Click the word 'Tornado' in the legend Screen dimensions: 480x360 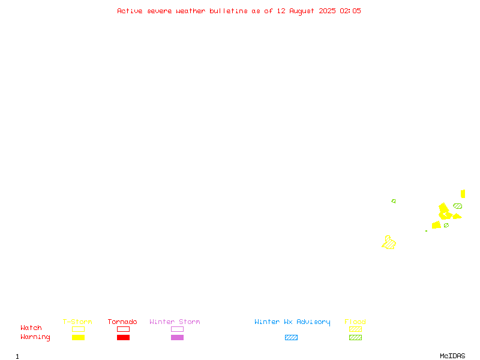(122, 322)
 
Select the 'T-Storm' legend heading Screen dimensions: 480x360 (77, 322)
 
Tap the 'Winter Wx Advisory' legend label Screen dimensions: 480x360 (292, 322)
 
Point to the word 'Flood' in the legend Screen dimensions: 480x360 (355, 322)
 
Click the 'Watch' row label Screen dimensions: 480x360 (31, 328)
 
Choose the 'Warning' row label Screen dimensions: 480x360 (35, 337)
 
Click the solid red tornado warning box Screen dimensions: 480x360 (124, 337)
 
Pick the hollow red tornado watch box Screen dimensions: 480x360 (124, 329)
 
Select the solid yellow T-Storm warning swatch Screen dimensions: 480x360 (79, 337)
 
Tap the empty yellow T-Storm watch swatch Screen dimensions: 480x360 (79, 329)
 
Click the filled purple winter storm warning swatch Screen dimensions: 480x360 (177, 337)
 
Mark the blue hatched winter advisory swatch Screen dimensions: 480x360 (291, 337)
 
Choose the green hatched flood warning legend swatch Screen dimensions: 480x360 (355, 337)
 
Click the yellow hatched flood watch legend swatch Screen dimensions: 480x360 (355, 329)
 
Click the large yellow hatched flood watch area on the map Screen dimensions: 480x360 (389, 243)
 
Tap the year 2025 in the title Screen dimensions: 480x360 (327, 11)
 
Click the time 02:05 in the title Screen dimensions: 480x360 (350, 11)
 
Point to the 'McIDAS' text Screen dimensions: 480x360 (452, 356)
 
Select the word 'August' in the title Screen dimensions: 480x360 (302, 11)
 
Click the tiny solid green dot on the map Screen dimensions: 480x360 (426, 231)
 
